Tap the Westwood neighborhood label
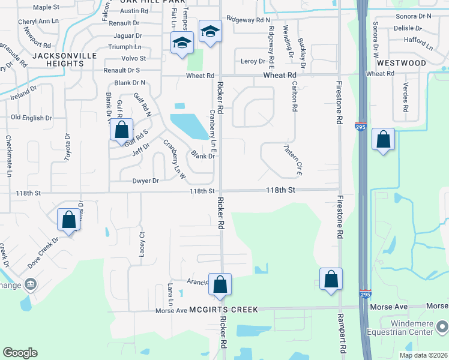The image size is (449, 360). coord(402,63)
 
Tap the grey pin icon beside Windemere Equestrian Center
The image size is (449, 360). coord(442,328)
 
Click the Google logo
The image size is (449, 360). coord(20,352)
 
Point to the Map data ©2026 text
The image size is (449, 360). coord(424,355)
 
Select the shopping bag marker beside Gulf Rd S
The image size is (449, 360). coord(122,130)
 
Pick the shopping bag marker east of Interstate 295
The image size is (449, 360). coord(383,140)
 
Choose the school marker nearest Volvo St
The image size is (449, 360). coord(181,44)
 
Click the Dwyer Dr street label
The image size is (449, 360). coord(146,181)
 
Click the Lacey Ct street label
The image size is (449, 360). coord(142,244)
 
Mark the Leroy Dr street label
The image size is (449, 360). coord(253,61)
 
